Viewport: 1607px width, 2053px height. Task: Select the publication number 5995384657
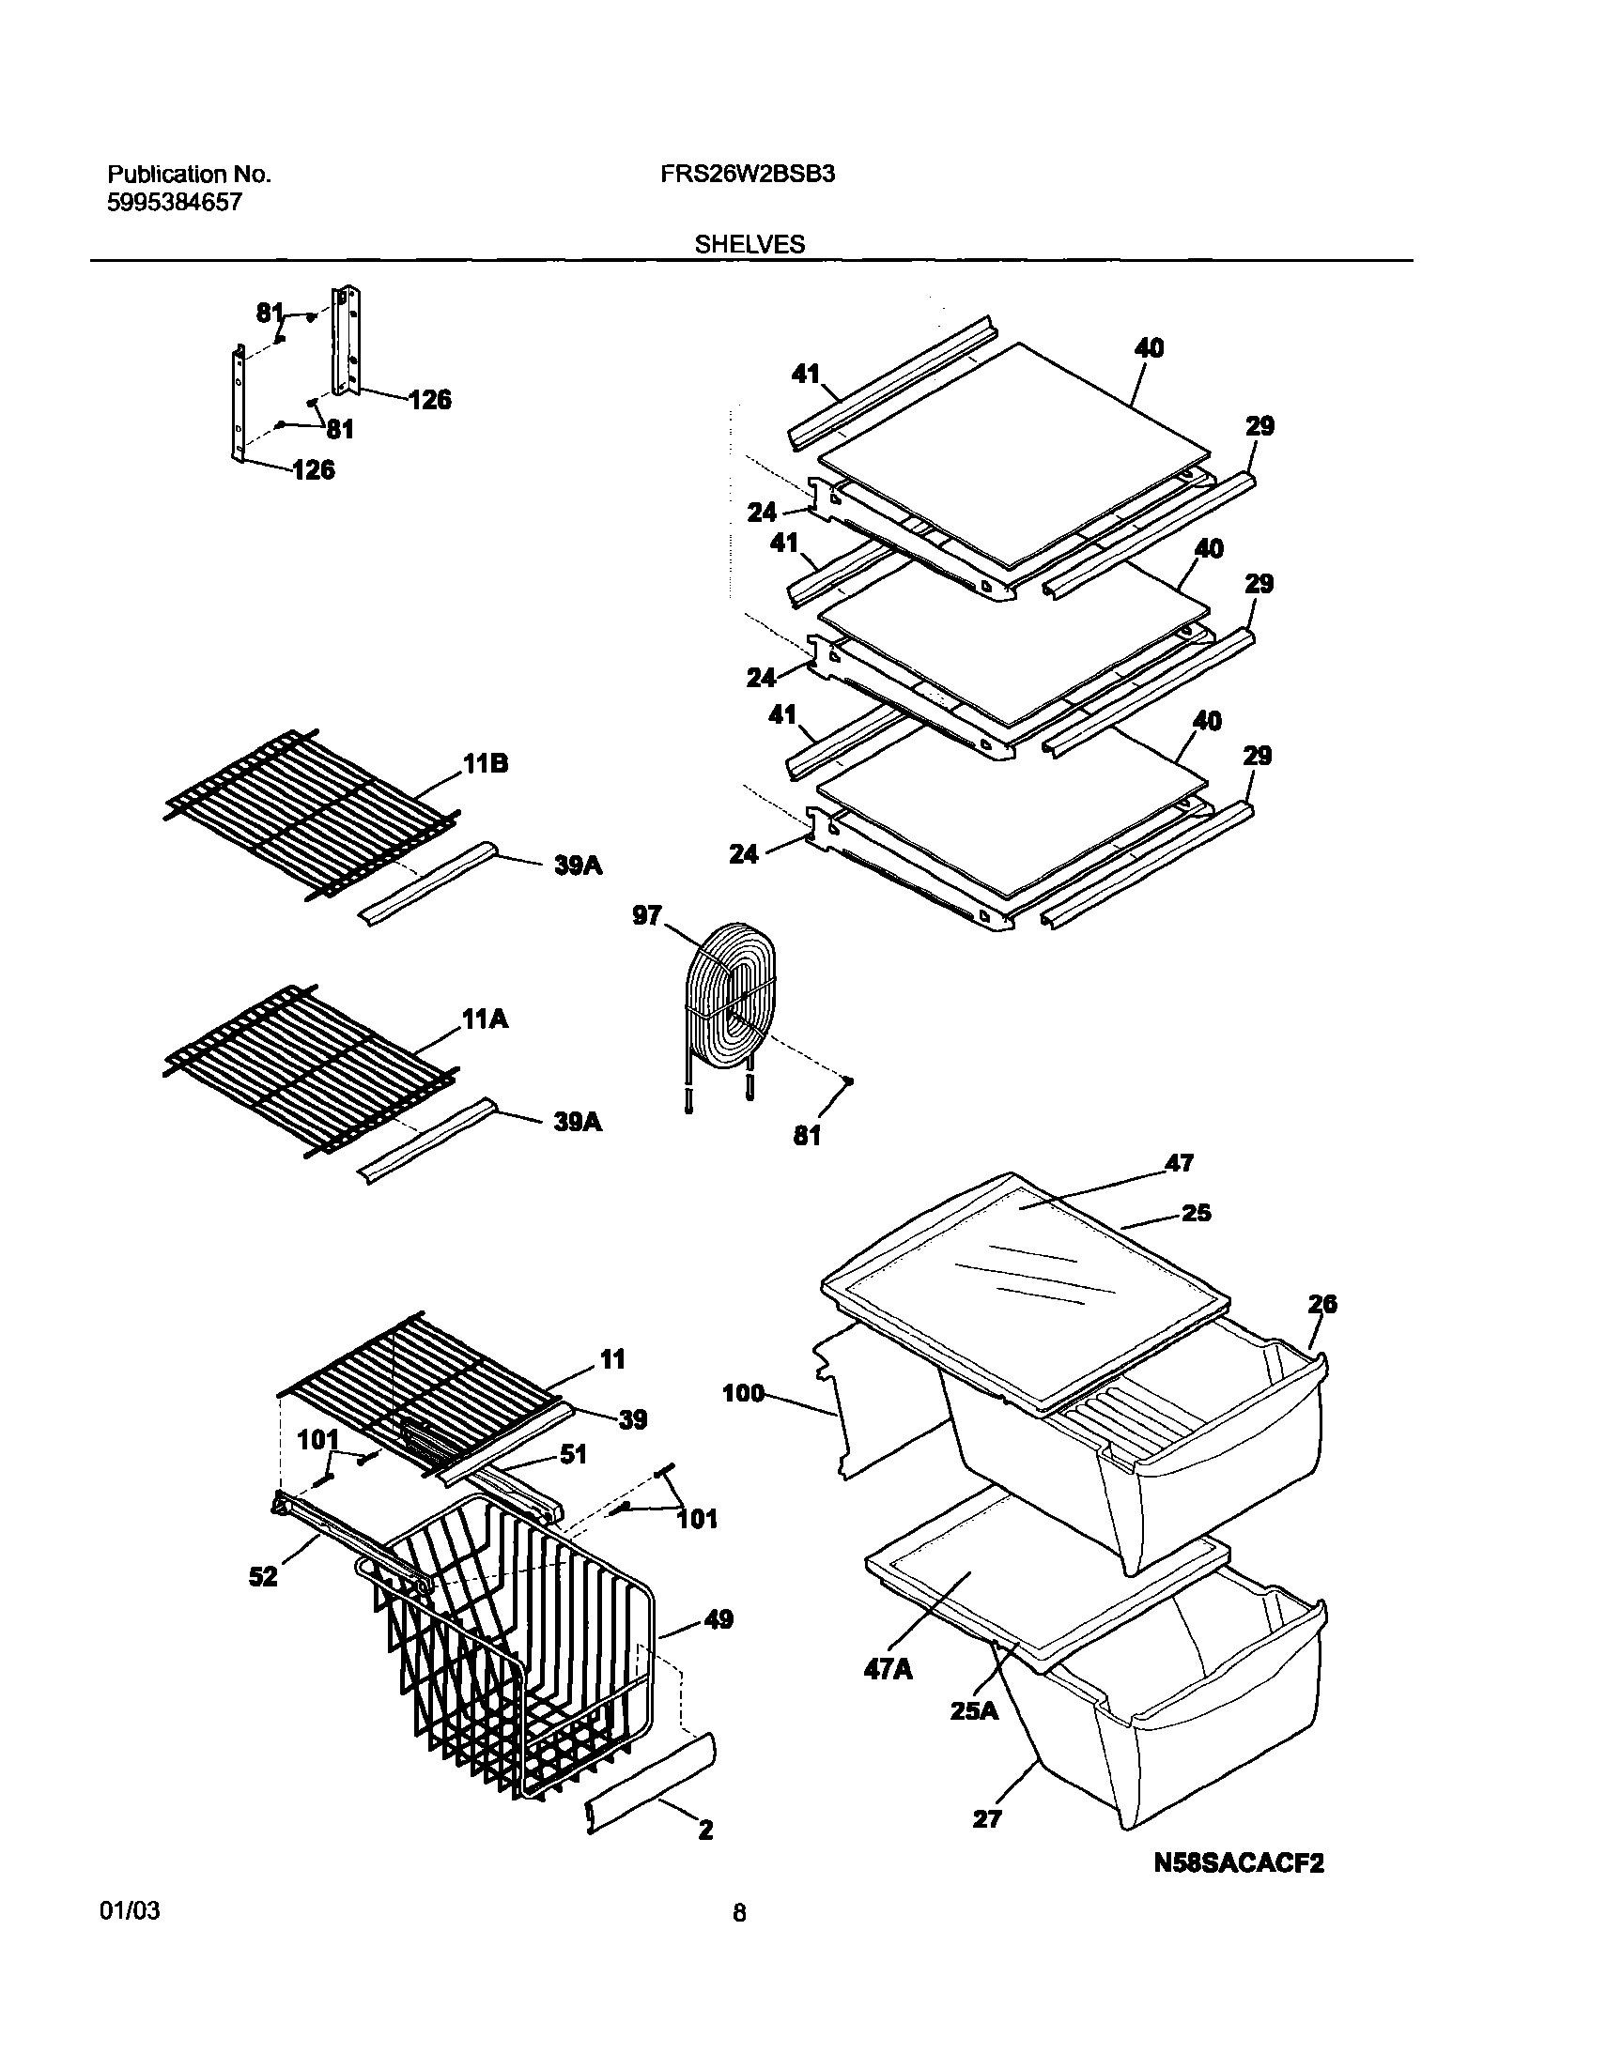[x=174, y=202]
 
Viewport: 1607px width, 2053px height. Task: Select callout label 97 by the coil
[x=647, y=916]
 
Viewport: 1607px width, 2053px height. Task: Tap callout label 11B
[x=486, y=763]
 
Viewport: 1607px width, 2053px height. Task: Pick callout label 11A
[x=486, y=1019]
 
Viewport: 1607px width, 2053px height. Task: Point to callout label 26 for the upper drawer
[x=1321, y=1305]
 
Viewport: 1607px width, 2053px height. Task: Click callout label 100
[x=743, y=1394]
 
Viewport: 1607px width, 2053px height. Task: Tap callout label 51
[x=573, y=1455]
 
